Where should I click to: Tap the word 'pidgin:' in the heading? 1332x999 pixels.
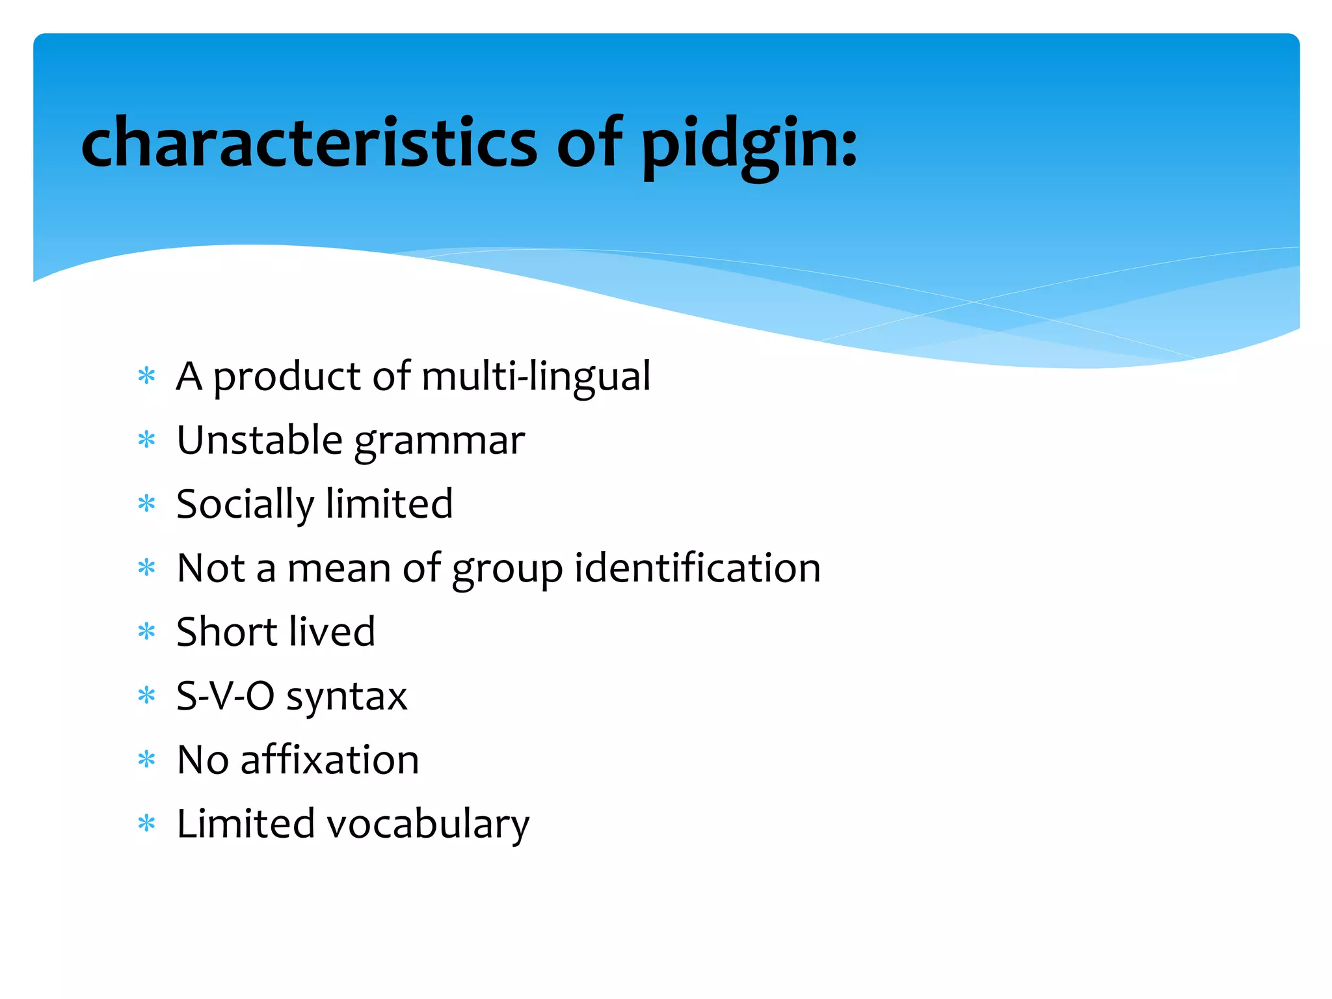coord(749,144)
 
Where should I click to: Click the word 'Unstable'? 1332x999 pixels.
coord(260,440)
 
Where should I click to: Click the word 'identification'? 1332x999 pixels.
coord(698,568)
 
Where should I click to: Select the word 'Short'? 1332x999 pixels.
coord(226,632)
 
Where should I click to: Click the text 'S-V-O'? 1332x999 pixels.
coord(226,696)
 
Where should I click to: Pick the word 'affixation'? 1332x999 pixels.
coord(330,760)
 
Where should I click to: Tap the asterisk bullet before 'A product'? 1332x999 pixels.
coord(147,376)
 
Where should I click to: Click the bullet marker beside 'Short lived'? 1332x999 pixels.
coord(147,632)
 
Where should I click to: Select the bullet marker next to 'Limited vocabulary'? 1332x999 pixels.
coord(147,823)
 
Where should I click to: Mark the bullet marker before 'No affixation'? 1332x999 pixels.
coord(147,760)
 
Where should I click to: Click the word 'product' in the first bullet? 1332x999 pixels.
coord(287,378)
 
